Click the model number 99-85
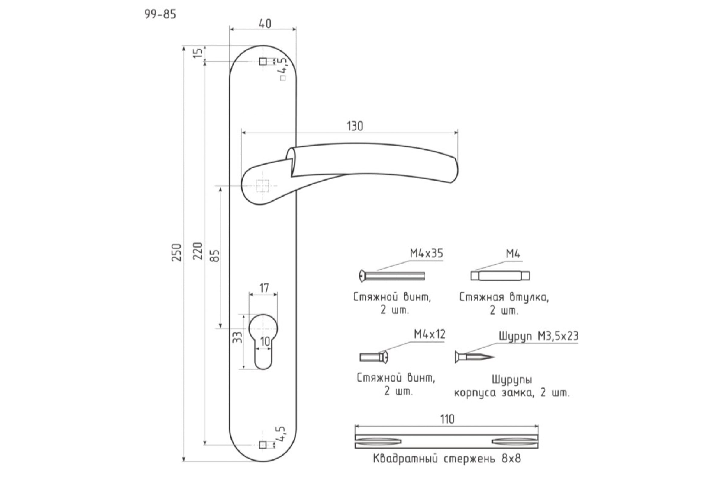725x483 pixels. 160,14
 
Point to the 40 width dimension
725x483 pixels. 265,24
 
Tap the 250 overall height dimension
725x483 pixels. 177,252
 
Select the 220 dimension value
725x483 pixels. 199,251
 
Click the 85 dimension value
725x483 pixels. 216,255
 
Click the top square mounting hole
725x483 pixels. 263,62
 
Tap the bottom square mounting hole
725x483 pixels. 263,445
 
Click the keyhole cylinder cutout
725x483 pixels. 263,342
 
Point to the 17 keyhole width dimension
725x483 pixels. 263,288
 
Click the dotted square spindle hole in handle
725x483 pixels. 262,186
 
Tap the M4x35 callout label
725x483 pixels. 426,253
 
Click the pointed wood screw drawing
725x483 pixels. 475,357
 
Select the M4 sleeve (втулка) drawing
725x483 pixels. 500,275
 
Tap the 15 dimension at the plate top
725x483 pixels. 199,53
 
